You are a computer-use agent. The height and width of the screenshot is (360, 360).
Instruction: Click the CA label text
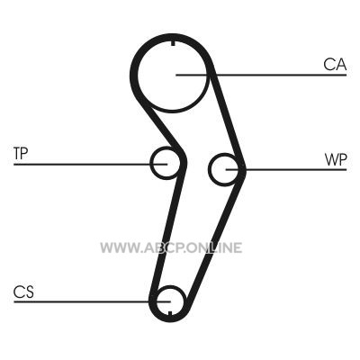335,64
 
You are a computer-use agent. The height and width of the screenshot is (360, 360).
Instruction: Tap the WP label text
336,160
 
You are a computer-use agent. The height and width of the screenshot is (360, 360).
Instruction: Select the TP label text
21,153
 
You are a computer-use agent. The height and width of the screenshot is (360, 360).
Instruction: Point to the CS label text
23,292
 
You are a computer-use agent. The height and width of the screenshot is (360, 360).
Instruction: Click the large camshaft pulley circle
137,75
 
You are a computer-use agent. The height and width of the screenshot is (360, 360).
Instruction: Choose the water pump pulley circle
209,169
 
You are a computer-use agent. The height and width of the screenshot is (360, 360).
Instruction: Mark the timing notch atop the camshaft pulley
173,42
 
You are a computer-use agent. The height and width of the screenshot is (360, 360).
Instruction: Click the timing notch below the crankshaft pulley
170,314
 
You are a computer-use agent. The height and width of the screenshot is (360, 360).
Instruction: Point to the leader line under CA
261,75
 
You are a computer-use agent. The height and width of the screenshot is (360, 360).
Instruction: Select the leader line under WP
286,170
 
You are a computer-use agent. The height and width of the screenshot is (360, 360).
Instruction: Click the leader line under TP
90,164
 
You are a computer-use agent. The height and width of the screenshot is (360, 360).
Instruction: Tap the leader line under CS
92,301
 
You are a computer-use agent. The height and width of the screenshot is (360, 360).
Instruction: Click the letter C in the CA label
328,64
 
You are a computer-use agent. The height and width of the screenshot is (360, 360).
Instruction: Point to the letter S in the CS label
29,292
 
